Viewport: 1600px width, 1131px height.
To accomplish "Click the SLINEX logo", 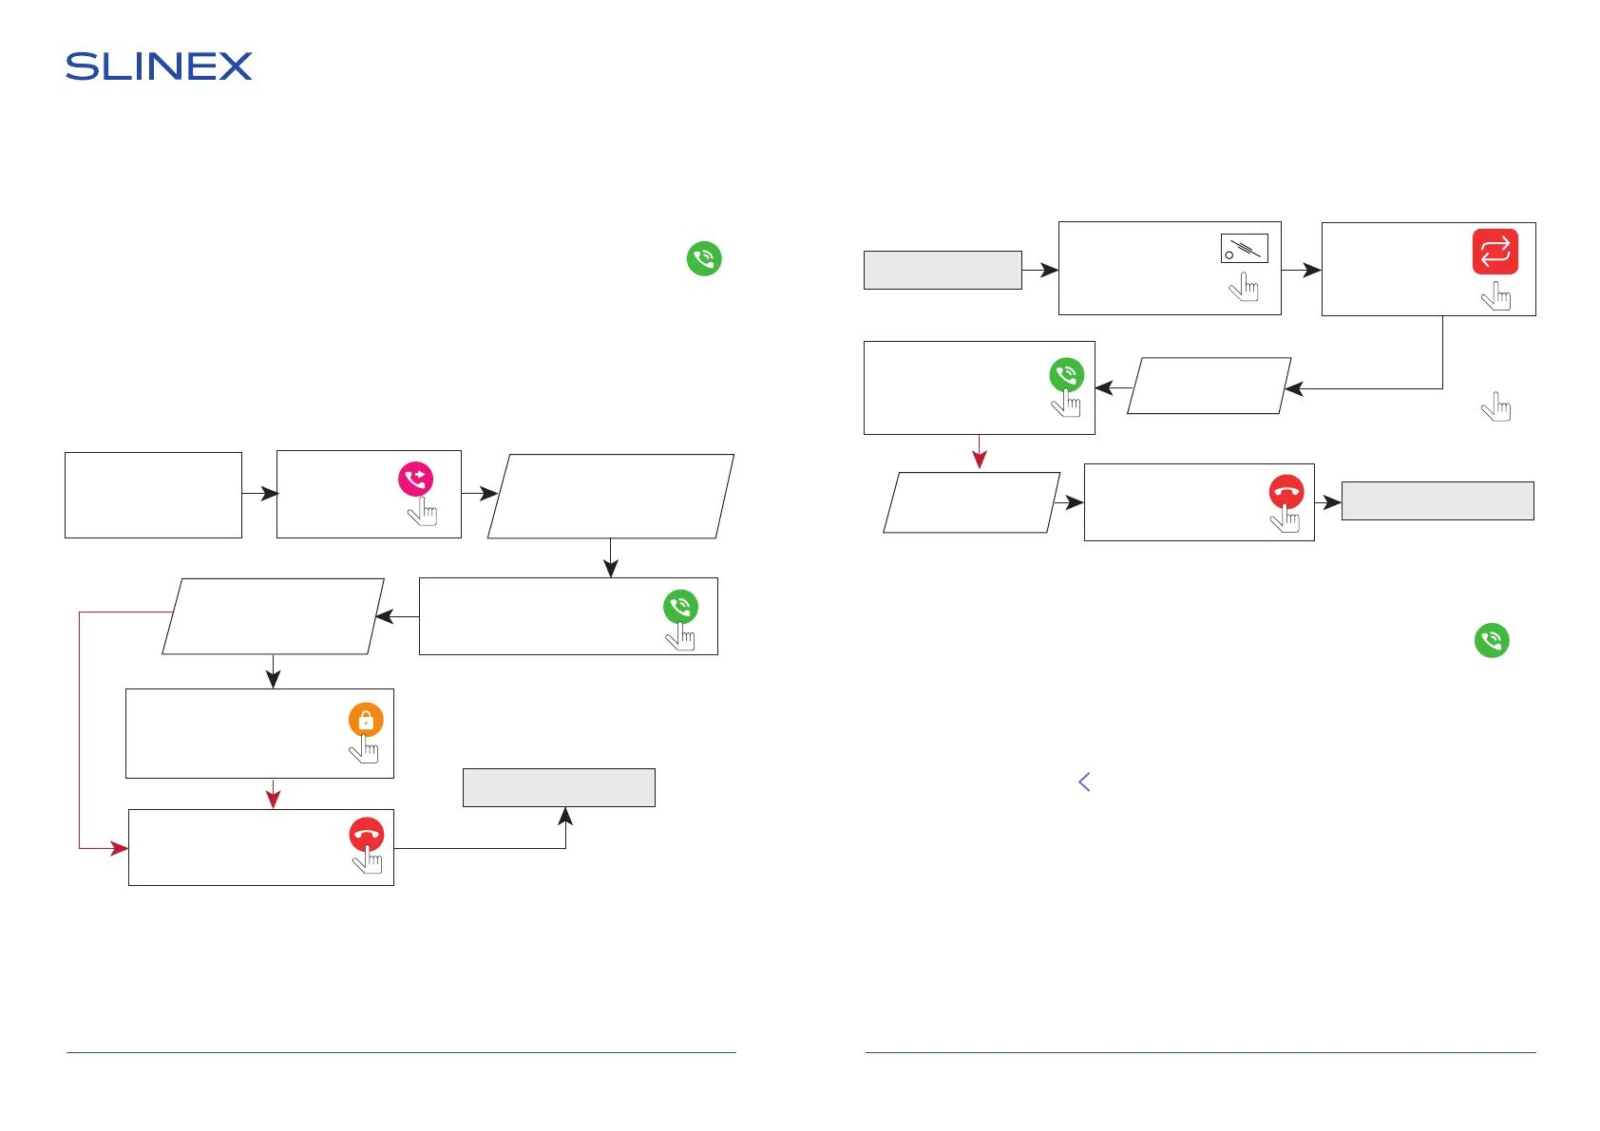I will (x=159, y=66).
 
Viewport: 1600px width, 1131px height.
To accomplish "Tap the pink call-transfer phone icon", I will (x=415, y=479).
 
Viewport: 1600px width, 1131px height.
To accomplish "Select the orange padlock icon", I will (x=366, y=720).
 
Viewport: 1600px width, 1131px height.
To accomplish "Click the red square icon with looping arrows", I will (x=1495, y=252).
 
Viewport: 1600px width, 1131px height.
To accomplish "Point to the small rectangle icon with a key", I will (x=1244, y=249).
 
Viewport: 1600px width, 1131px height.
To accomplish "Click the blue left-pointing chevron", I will (x=1084, y=782).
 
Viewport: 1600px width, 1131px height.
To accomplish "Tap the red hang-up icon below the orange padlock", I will (x=367, y=835).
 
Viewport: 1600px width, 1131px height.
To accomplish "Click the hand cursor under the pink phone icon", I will (x=422, y=512).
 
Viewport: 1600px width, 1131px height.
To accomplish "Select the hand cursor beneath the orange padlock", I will (x=364, y=749).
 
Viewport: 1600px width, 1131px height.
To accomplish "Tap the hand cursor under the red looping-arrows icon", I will (x=1495, y=297).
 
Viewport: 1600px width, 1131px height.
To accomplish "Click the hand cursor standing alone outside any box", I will (x=1495, y=407).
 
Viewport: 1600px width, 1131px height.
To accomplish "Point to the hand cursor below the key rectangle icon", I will (x=1244, y=287).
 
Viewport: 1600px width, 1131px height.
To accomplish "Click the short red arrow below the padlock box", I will (x=274, y=794).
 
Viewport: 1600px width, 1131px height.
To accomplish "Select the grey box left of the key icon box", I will (x=942, y=270).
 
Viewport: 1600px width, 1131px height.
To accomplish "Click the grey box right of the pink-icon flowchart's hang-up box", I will (x=559, y=787).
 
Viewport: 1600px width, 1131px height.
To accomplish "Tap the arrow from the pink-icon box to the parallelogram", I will (x=479, y=493).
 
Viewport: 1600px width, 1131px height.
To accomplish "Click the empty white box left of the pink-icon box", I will (x=153, y=495).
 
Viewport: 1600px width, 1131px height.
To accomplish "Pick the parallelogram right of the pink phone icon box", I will (x=610, y=496).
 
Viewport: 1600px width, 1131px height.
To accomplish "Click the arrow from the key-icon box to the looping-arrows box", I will (x=1301, y=270).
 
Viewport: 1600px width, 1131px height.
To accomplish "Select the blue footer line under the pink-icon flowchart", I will (x=401, y=1052).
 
